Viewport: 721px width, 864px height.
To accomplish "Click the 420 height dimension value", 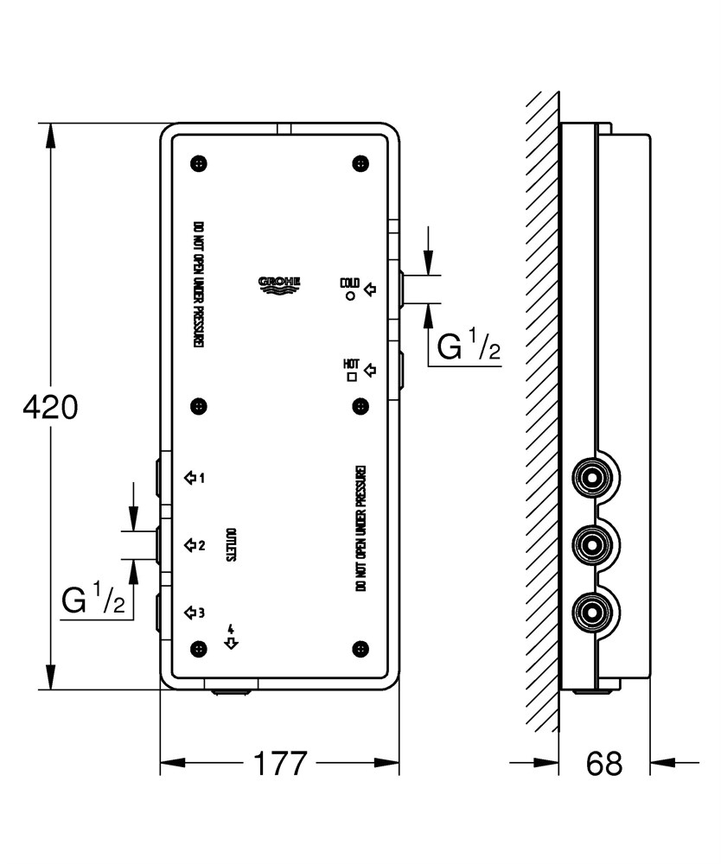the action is (50, 407).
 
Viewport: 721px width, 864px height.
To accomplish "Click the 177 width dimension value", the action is (279, 763).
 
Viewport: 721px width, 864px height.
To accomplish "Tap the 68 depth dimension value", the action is (604, 764).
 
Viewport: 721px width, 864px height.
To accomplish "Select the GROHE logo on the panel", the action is (279, 284).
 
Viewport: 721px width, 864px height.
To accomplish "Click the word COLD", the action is (349, 283).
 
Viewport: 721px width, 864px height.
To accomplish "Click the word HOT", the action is (351, 365).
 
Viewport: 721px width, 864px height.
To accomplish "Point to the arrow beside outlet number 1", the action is (190, 477).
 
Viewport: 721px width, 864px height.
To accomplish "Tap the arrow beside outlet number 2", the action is (190, 545).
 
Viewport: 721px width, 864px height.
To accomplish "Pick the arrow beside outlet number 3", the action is (190, 613).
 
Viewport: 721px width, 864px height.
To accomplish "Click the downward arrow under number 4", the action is (231, 643).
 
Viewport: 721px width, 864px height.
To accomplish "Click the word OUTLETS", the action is (231, 545).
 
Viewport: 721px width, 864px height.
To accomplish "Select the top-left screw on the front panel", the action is (199, 163).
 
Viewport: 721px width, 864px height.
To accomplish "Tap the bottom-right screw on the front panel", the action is (360, 649).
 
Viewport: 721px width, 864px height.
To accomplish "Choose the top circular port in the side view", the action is (591, 477).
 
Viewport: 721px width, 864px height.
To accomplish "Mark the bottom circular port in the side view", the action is (591, 613).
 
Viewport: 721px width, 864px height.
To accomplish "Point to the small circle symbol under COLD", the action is (350, 295).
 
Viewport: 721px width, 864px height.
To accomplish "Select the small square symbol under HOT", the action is (352, 377).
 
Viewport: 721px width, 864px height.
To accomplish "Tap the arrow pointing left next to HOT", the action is (370, 370).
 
